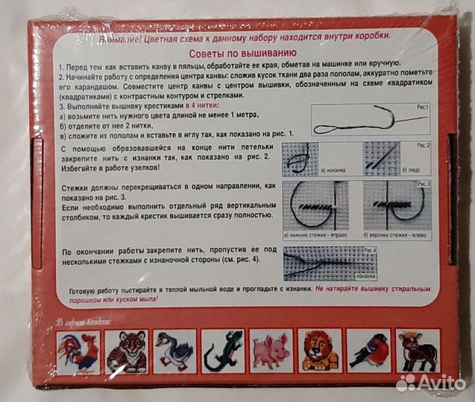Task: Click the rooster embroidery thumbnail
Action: coord(78,351)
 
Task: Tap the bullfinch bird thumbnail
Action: coord(370,351)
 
